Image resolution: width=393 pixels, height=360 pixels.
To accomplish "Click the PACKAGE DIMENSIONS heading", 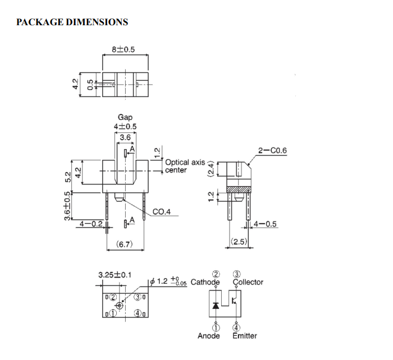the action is tap(72, 22).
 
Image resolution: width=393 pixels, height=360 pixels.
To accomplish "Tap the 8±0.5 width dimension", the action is tap(124, 49).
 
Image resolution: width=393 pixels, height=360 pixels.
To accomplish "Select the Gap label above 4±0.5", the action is tap(125, 117).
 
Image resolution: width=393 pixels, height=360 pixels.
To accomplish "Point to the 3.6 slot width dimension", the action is tap(125, 137).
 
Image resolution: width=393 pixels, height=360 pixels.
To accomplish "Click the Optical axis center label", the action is tap(185, 166).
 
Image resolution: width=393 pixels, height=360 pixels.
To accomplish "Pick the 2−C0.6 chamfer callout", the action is tap(272, 150).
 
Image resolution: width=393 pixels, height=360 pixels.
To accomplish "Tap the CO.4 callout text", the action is tap(162, 212).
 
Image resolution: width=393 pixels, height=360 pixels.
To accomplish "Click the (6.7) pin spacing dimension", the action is tap(124, 244).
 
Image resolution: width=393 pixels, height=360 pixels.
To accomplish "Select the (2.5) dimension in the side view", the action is tap(239, 241).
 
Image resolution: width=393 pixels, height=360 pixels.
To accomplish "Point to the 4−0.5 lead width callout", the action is tap(265, 224).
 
